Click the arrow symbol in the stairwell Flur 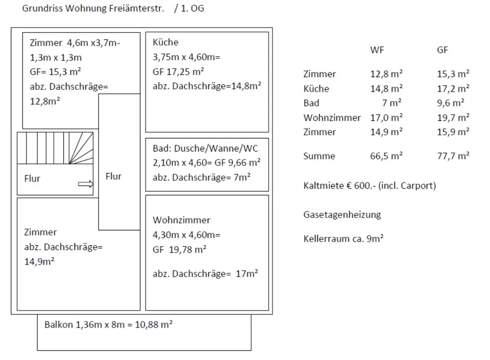click(85, 184)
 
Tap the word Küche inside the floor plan click(166, 42)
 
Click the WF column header click(377, 50)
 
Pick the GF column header click(442, 50)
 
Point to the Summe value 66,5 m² click(386, 156)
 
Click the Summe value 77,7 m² click(453, 156)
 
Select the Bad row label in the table click(311, 103)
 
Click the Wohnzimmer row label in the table click(332, 118)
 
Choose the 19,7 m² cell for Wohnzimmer click(453, 118)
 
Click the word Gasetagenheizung click(342, 214)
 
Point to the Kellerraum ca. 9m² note click(343, 239)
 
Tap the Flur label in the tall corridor click(114, 176)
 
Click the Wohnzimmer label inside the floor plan click(181, 220)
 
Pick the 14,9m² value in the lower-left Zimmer click(39, 261)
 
